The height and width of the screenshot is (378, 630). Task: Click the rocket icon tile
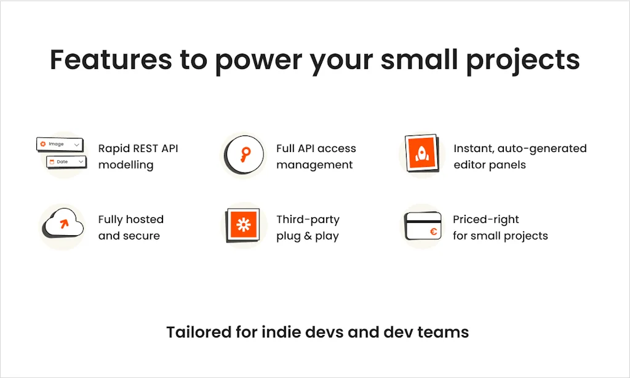coord(421,154)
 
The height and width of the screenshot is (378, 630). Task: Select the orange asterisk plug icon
coord(243,225)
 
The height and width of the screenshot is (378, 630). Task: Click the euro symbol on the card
coord(433,232)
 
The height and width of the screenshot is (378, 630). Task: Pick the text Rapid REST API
coord(138,148)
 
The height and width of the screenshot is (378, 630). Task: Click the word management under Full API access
coord(314,165)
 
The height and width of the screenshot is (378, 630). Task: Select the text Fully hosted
coord(130,219)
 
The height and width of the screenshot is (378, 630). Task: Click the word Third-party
coord(308,219)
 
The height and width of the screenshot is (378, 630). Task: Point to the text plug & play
coord(307,236)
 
